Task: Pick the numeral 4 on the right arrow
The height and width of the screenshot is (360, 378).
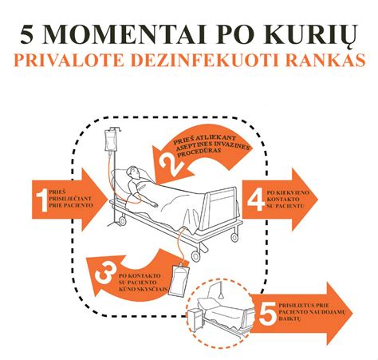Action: click(x=256, y=197)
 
